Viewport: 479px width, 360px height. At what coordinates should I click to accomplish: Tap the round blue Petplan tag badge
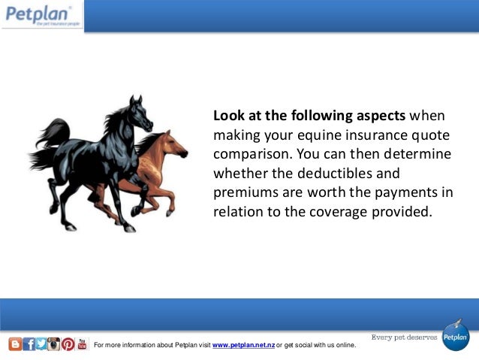point(455,336)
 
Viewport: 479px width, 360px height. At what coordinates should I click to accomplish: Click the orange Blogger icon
point(15,344)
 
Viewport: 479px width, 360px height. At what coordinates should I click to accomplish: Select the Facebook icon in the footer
point(29,344)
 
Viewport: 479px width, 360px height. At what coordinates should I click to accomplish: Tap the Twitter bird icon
point(41,344)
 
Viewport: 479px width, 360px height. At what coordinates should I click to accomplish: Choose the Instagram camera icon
point(54,344)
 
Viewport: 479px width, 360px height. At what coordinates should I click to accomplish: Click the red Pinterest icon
point(68,344)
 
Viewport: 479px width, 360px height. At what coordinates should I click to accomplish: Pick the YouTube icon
point(82,344)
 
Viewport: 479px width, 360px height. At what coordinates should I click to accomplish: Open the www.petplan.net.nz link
point(243,346)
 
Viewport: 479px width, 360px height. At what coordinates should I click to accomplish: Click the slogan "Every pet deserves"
point(404,337)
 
